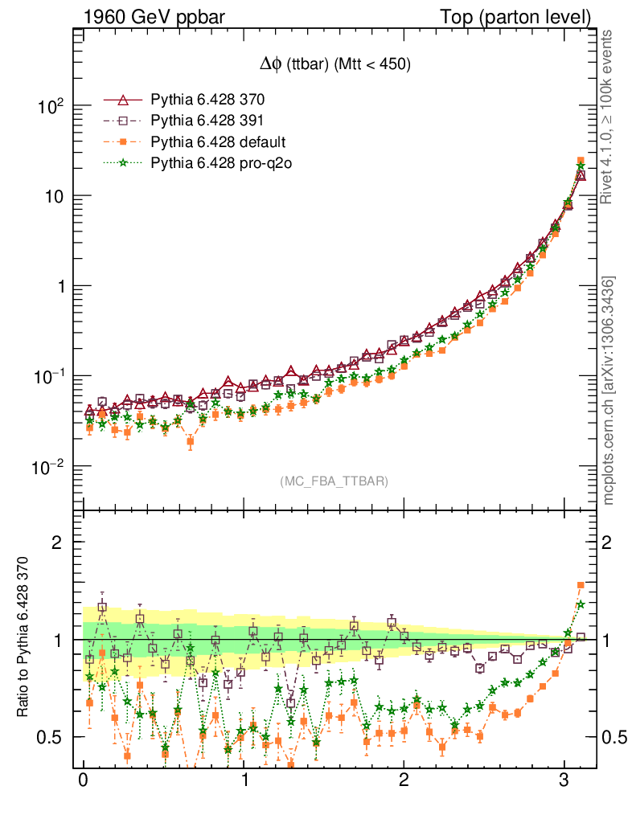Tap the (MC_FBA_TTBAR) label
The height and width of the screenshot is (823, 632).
[x=334, y=481]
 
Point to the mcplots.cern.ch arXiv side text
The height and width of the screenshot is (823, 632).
[x=609, y=390]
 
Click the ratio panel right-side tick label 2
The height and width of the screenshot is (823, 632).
[x=609, y=542]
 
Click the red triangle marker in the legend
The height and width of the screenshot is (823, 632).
[x=123, y=100]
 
